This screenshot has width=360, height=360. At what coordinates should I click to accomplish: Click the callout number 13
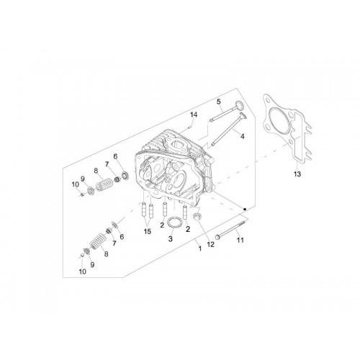coord(297,174)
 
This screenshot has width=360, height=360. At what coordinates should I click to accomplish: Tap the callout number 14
coord(194,114)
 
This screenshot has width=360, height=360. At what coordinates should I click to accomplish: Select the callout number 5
coord(218,102)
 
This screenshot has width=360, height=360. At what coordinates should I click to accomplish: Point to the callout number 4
coord(243,136)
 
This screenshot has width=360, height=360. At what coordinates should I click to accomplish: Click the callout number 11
coord(240,240)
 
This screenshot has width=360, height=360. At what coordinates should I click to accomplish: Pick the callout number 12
coord(210,244)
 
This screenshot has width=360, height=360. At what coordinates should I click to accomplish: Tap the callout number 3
coord(170,239)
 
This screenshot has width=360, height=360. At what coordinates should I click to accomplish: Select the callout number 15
coord(148,231)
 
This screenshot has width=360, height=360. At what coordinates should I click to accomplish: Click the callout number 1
coord(200,248)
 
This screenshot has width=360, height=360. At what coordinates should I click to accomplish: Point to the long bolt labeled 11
coord(230,230)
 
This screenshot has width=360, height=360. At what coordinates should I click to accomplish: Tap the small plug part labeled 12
coord(197,216)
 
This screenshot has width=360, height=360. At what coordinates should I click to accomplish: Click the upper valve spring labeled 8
coord(104,184)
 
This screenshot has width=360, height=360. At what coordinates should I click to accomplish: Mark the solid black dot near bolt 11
coord(245,210)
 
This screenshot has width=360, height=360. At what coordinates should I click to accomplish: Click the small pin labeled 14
coord(189,127)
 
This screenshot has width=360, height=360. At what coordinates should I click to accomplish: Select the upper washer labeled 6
coord(125,174)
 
